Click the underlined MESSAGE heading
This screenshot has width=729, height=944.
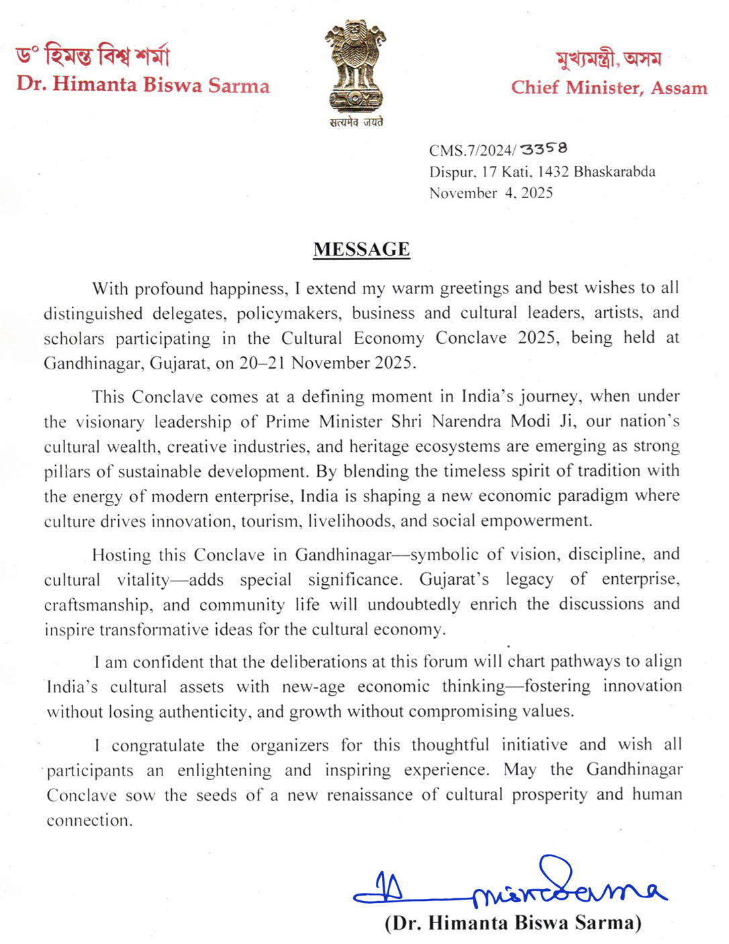tap(361, 249)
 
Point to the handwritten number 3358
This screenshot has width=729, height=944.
tap(544, 148)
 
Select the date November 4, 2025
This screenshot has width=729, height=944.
tap(491, 193)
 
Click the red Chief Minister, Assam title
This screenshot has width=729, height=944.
tap(609, 88)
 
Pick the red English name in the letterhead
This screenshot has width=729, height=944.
tap(143, 85)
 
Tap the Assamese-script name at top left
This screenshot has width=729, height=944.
tap(93, 56)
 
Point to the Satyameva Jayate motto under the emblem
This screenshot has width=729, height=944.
tap(356, 122)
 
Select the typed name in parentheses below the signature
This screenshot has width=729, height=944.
tap(513, 923)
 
